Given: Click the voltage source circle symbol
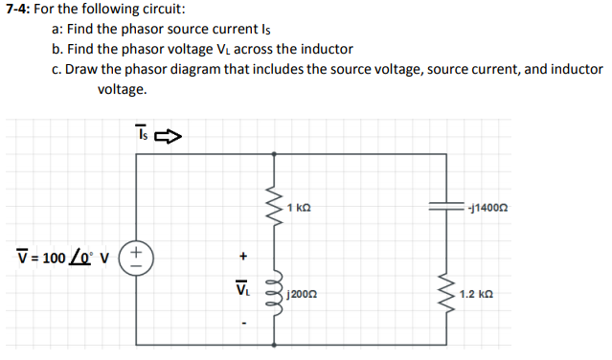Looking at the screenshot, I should click(137, 256).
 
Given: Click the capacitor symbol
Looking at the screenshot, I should click(445, 207).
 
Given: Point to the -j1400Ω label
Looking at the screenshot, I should click(487, 208).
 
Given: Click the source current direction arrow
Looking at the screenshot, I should click(169, 137).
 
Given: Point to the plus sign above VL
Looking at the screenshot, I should click(243, 257).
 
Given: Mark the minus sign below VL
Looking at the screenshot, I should click(243, 322).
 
